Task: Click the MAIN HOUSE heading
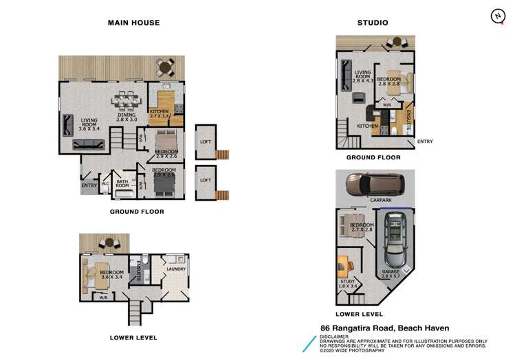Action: click(134, 23)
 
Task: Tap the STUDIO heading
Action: click(372, 23)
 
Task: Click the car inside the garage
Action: click(396, 242)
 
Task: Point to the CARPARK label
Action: click(380, 201)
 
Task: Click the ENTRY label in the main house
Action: click(89, 185)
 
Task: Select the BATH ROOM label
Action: click(122, 183)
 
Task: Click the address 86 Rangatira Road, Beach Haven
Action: click(384, 328)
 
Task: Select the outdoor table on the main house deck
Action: click(164, 67)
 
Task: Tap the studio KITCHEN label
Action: click(366, 126)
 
